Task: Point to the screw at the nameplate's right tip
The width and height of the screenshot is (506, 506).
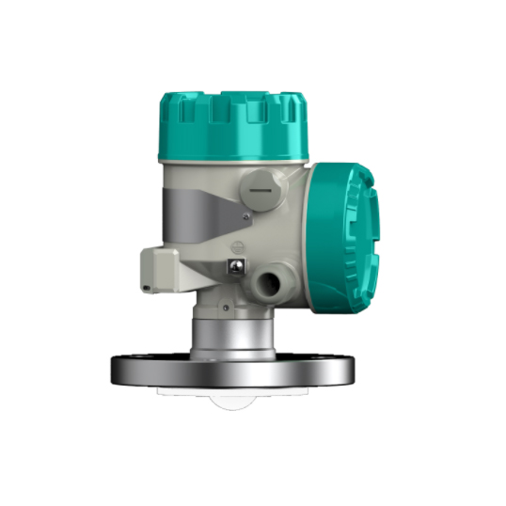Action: [245, 217]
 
